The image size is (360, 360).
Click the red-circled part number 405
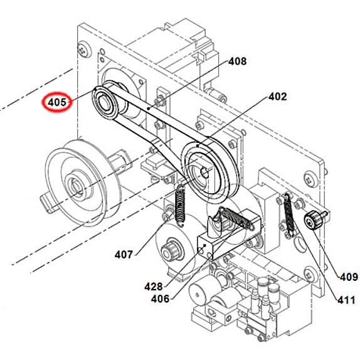[x=58, y=100]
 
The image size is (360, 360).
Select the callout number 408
[x=237, y=61]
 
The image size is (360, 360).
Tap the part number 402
[x=277, y=97]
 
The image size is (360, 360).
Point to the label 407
[x=124, y=254]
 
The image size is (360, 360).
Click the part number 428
[x=153, y=286]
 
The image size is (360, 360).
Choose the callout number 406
[x=160, y=299]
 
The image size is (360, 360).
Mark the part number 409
[x=348, y=277]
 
